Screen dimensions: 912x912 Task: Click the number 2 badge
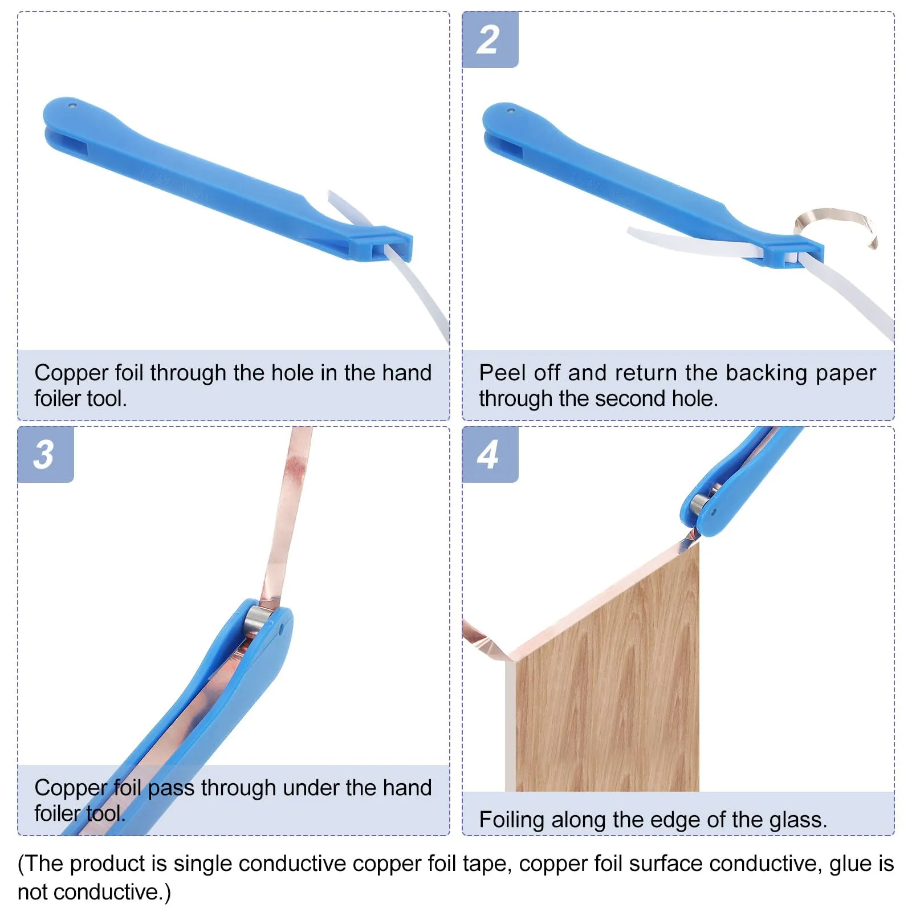[490, 39]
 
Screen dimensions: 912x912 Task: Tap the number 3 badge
[45, 454]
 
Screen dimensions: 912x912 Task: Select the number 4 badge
[490, 454]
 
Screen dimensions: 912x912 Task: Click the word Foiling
[512, 820]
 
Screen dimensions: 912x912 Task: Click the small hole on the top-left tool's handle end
[72, 105]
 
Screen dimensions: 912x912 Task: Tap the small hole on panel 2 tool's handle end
[511, 111]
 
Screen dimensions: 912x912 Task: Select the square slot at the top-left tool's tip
[381, 250]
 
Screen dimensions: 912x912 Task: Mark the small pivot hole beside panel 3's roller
[282, 630]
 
